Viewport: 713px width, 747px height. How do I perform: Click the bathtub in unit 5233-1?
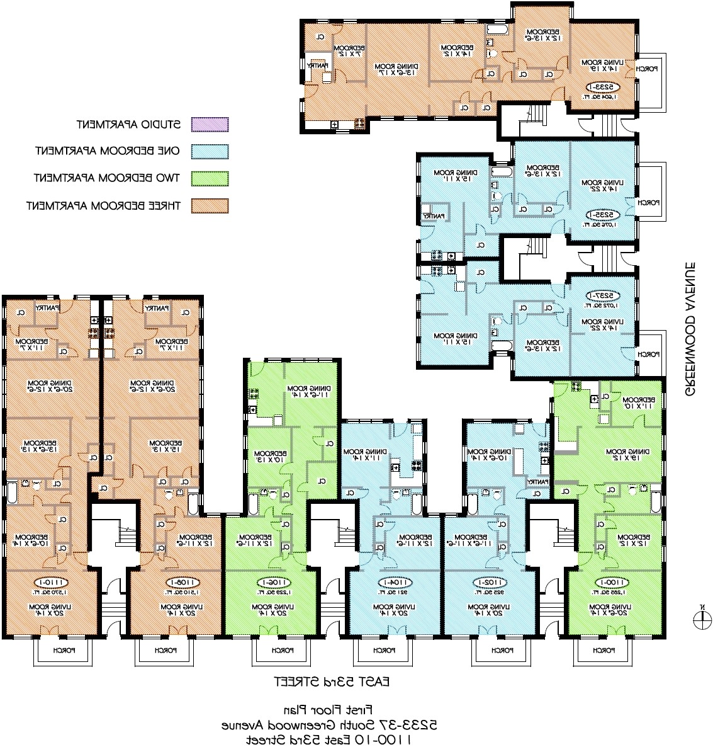pyautogui.click(x=497, y=30)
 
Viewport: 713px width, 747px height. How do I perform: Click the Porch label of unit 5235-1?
pyautogui.click(x=648, y=203)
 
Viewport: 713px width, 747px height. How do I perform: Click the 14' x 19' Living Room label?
pyautogui.click(x=602, y=66)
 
